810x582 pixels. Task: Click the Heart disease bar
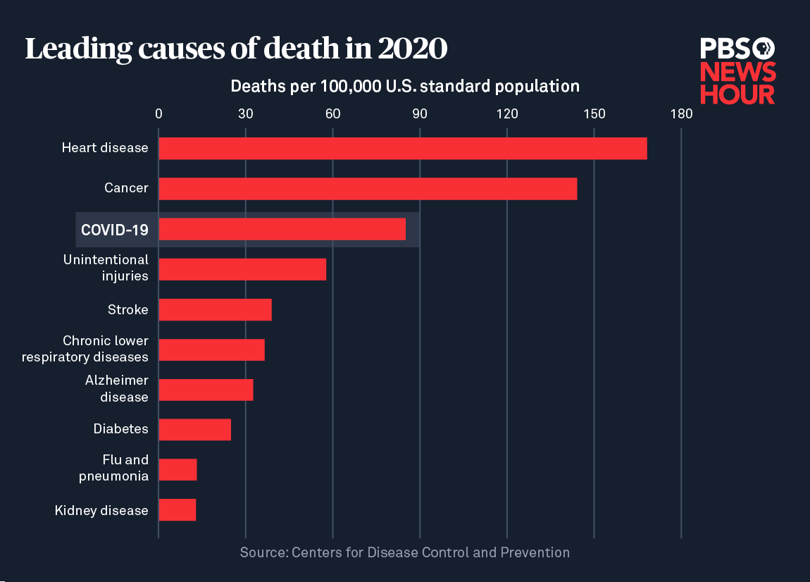point(402,149)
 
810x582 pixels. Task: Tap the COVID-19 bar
point(282,229)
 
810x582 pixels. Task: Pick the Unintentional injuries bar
point(242,269)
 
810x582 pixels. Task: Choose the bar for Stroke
point(215,309)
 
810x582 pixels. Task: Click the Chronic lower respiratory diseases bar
point(211,349)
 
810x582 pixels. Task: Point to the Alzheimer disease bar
point(206,390)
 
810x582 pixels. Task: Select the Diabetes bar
point(194,429)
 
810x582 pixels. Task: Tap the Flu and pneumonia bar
point(177,469)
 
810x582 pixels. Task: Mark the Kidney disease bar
point(177,509)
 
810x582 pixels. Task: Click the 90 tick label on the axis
point(420,113)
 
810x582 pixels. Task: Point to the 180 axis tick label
point(681,113)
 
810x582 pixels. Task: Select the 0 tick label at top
point(158,113)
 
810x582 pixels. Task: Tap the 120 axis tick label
point(507,113)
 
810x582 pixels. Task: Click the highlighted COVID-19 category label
point(114,230)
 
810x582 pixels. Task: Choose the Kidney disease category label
point(101,510)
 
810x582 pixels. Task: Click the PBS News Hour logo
point(737,71)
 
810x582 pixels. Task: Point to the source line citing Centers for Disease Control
point(404,552)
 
